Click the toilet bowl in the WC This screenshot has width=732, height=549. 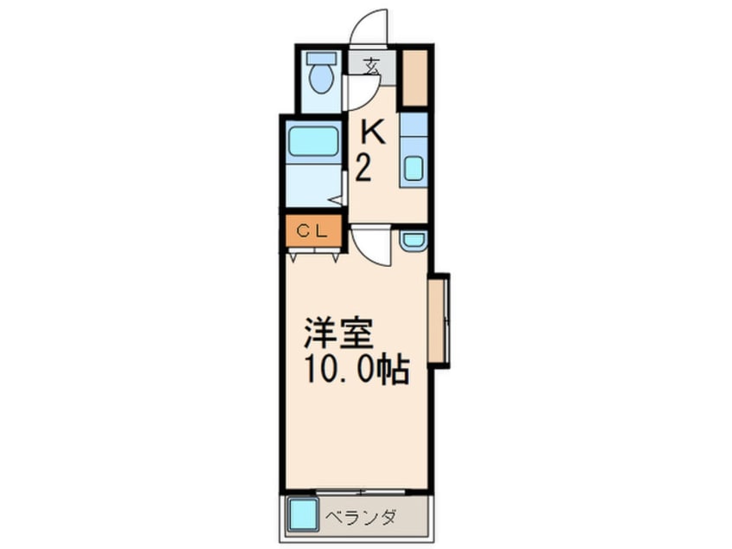322,79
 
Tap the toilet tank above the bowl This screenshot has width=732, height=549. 322,58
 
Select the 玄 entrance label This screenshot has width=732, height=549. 372,66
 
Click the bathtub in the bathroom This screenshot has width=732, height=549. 312,141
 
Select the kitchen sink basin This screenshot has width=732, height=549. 414,168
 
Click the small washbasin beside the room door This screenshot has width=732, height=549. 413,241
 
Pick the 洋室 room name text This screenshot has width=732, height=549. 339,333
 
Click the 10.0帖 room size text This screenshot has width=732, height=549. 357,370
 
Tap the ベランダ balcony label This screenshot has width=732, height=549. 361,518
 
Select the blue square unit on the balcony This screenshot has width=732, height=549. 302,514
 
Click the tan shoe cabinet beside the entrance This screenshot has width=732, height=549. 415,78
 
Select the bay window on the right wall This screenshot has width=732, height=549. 439,320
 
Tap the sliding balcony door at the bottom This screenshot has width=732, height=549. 361,491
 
